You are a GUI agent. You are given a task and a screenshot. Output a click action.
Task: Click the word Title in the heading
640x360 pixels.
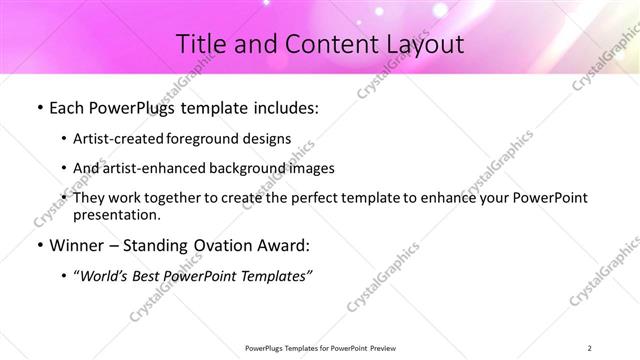(x=201, y=43)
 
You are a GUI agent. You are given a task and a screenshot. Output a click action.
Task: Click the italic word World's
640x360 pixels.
(x=107, y=276)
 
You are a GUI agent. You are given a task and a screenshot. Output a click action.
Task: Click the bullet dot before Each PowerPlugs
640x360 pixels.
(x=37, y=107)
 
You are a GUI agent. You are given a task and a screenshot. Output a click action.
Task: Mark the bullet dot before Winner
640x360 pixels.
(x=37, y=246)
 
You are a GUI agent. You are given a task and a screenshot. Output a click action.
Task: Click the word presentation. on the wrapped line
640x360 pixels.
(x=117, y=214)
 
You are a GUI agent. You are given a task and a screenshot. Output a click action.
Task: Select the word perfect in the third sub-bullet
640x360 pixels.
(x=306, y=199)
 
